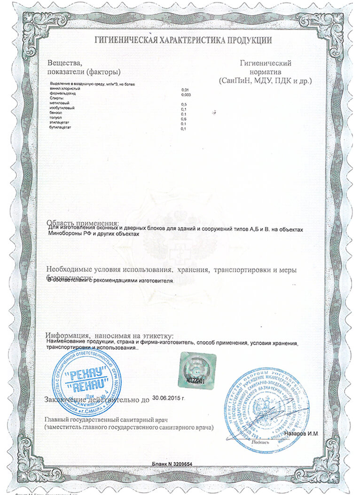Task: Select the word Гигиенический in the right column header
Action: tap(266, 63)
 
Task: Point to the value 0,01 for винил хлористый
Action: tap(185, 89)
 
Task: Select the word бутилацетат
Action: tap(59, 129)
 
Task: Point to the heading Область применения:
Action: tap(83, 222)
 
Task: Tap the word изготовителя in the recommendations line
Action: tap(159, 281)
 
